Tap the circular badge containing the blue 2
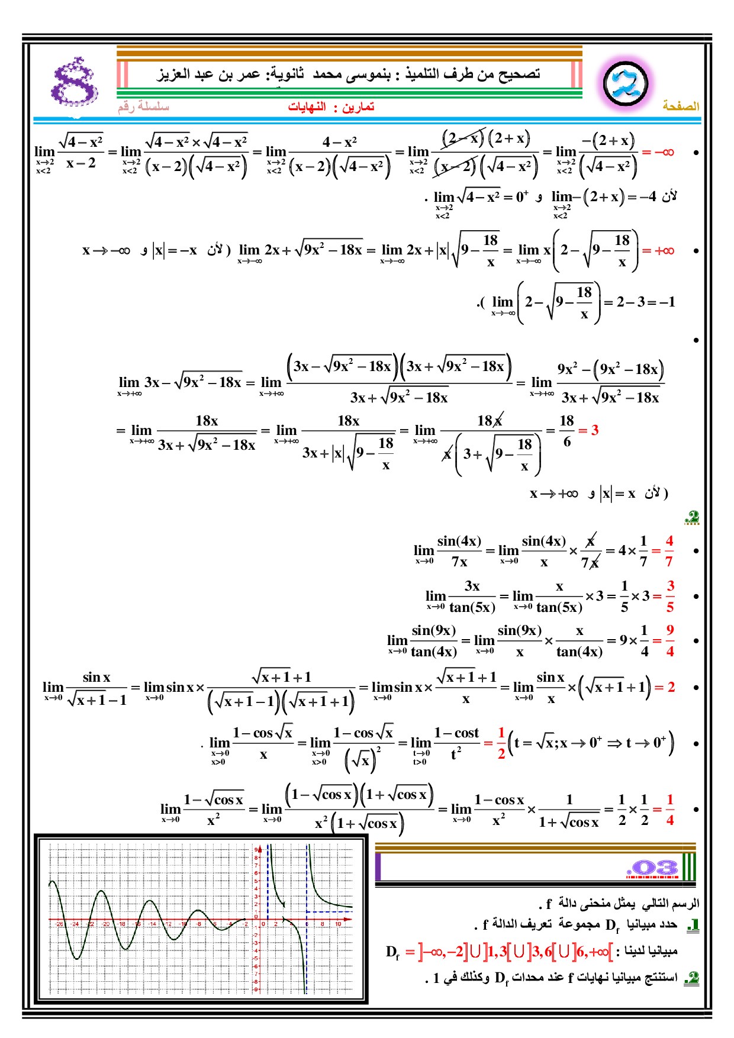[625, 83]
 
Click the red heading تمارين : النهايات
[331, 107]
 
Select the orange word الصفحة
[681, 106]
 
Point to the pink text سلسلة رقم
[143, 107]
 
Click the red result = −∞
[658, 152]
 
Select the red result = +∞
[658, 251]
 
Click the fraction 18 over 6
[566, 431]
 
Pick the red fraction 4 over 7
[669, 550]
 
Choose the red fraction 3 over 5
[670, 596]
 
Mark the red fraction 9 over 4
[670, 640]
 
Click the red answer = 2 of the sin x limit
[665, 687]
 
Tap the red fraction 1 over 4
[670, 810]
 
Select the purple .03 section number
[652, 868]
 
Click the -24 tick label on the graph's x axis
[75, 924]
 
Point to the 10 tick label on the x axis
[338, 924]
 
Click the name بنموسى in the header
[368, 74]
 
